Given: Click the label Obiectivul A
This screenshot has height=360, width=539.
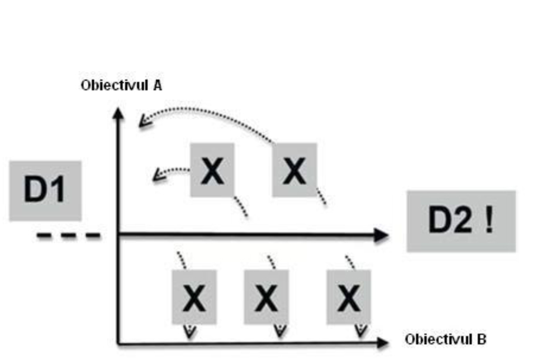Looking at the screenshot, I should coord(122,86).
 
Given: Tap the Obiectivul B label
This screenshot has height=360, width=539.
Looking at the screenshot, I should coord(445,339).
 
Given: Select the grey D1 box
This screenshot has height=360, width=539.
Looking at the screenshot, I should coord(45,191).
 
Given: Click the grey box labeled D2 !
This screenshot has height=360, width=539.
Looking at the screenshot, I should coord(461,221).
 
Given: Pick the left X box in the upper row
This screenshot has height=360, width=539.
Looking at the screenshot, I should coord(212,170).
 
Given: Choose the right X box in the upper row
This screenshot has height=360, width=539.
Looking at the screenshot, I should coord(294,170).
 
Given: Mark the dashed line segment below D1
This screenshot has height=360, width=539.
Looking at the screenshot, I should coord(69,236).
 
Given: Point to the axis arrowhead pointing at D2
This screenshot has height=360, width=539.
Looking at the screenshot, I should coord(382,235).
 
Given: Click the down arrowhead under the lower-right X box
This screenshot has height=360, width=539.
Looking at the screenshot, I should coord(360,331).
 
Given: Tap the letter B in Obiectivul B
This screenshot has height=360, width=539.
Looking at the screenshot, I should coord(481,339).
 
